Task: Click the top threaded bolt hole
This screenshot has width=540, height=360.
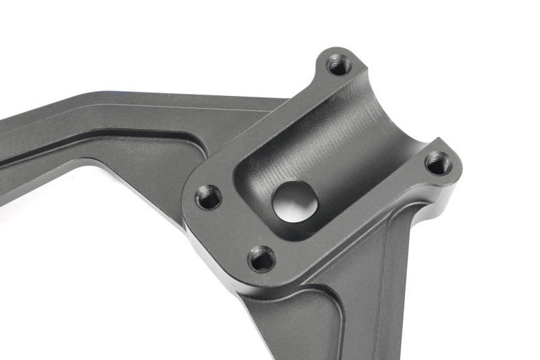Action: pos(337,66)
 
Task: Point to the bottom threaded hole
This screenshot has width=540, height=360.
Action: pos(262,259)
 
